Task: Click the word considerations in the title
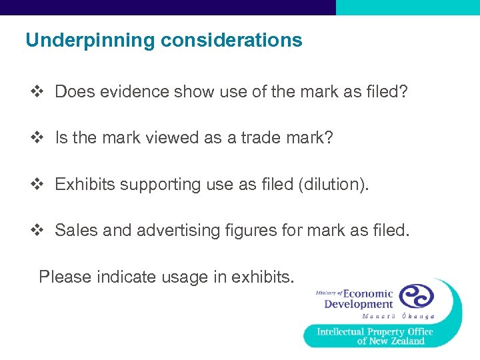pyautogui.click(x=231, y=41)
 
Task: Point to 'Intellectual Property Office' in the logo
pyautogui.click(x=375, y=331)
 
